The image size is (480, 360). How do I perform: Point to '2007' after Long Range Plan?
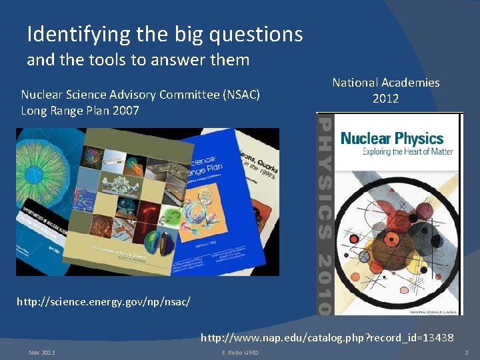coord(126,111)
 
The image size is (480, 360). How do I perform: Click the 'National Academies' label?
coord(386,83)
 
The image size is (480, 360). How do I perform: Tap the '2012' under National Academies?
coord(386,99)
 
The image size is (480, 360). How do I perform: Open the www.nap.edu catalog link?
coord(327,337)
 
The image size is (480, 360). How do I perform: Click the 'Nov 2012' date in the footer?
coord(42,352)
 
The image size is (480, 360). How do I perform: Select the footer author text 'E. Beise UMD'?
coord(239,352)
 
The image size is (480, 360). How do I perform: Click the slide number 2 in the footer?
coord(467,352)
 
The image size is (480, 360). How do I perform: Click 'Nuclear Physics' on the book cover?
coord(391,138)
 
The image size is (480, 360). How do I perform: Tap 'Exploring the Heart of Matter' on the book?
coord(407,152)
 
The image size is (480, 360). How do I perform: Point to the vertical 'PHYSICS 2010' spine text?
coord(324,213)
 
